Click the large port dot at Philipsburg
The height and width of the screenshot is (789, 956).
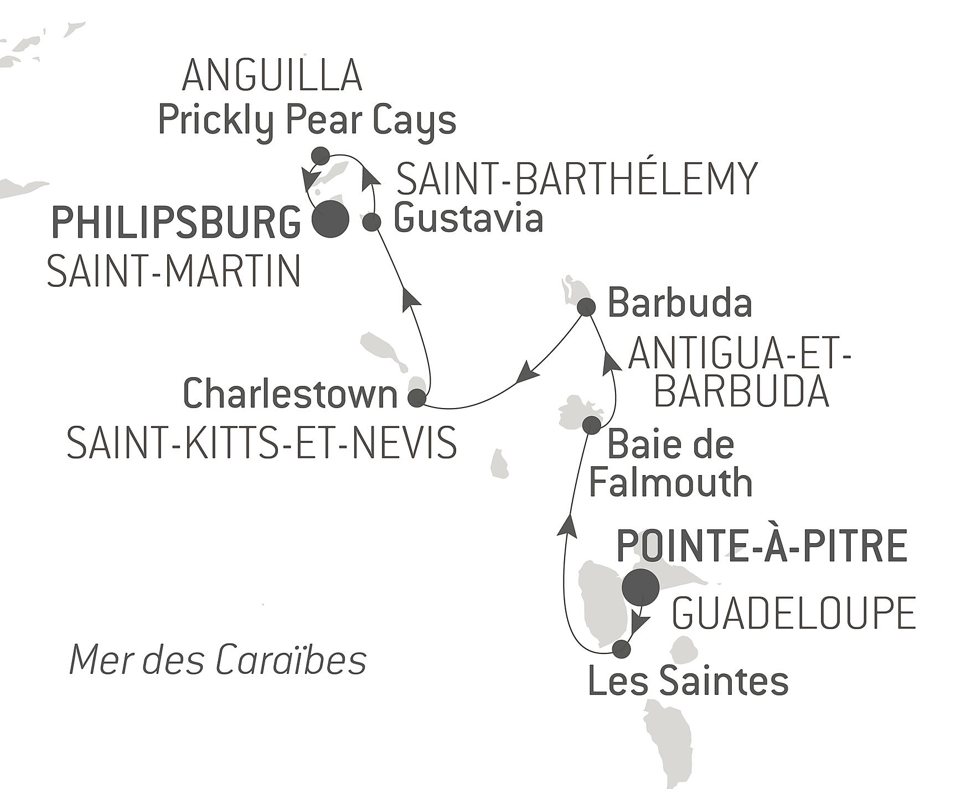[331, 220]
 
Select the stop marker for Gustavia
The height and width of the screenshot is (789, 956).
[372, 222]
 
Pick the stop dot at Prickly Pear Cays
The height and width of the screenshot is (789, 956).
[321, 156]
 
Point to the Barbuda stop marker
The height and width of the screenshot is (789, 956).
[586, 307]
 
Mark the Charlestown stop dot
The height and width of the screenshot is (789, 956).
[417, 398]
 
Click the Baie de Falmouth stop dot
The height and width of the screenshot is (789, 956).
[592, 425]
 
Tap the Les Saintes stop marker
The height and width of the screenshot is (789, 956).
[622, 649]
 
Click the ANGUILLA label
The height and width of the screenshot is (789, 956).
[272, 75]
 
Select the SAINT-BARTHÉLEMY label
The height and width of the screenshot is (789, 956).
[577, 178]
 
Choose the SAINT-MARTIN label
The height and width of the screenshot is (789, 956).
[174, 271]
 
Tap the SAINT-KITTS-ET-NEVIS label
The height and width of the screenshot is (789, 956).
[262, 442]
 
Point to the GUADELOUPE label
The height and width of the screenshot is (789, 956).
[794, 613]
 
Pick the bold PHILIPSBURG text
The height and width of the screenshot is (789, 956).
[176, 223]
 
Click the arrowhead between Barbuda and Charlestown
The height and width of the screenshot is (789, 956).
[527, 371]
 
